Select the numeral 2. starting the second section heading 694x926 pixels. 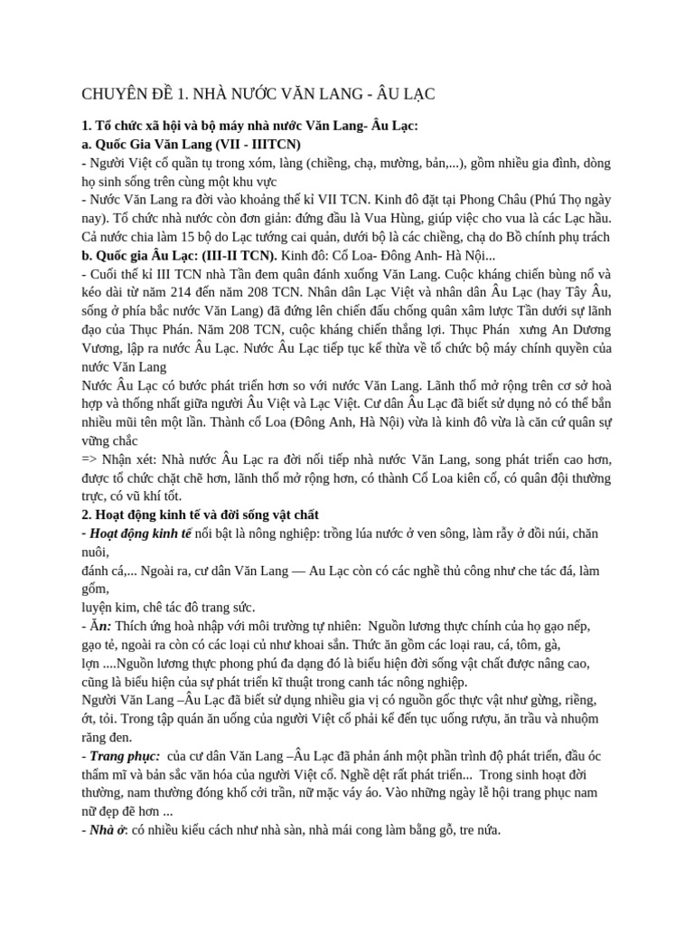pos(87,515)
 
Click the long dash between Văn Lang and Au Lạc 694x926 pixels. pos(292,571)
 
